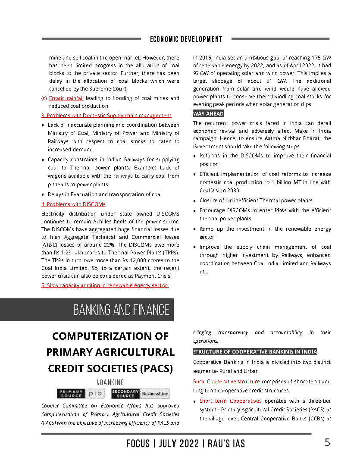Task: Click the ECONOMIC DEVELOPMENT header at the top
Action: pos(186,39)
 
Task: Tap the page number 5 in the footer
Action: pos(328,442)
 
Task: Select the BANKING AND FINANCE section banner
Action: pos(121,310)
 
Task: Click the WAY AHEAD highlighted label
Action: pos(208,114)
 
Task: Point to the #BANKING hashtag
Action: pos(110,382)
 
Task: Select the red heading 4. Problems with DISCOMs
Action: pos(73,204)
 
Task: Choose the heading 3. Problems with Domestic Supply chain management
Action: pos(106,116)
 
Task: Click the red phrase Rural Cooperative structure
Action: pos(226,382)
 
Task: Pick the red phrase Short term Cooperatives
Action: pos(230,401)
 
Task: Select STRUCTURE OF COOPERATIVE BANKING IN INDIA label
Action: pos(255,352)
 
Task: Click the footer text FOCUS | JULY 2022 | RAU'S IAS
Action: pos(186,443)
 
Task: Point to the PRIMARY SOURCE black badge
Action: pos(71,394)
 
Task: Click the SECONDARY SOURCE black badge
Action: pos(125,394)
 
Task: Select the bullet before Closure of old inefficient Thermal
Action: pos(195,201)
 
